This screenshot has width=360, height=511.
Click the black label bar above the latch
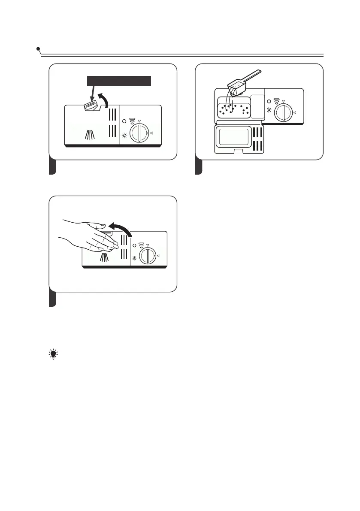[119, 81]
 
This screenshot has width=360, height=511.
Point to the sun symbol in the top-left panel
[124, 136]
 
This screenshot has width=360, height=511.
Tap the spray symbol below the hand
[104, 257]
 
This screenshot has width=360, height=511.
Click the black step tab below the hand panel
[52, 299]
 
